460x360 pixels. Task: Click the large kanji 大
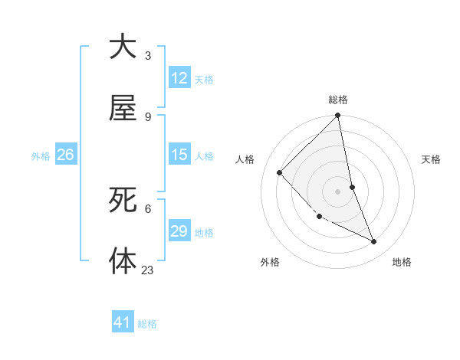[123, 47]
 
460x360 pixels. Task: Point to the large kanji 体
[123, 260]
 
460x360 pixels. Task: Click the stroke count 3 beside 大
[148, 55]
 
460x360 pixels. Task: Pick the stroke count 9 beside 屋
[148, 116]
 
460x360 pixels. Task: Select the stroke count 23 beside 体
[148, 269]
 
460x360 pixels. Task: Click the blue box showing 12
[179, 78]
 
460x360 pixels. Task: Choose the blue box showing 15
[179, 155]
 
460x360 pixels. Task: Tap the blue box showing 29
[179, 231]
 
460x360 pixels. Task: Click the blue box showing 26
[65, 155]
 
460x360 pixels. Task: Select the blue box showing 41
[123, 322]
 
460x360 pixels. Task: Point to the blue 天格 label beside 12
[204, 80]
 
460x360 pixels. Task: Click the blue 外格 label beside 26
[41, 156]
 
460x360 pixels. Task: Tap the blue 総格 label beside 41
[147, 324]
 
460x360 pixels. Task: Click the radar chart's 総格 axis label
[338, 100]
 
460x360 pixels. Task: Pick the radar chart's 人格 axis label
[245, 159]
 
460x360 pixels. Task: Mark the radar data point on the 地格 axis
[374, 242]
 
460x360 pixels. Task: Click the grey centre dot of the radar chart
[338, 191]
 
